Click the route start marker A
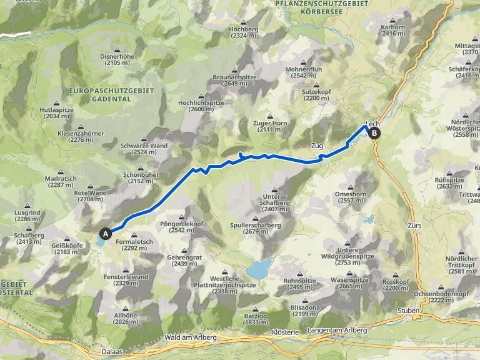pos(106,233)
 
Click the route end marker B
pos(374,132)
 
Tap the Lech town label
pos(372,124)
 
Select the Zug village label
pos(317,146)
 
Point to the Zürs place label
pos(414,225)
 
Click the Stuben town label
pos(407,310)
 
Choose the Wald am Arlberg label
pos(189,337)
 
